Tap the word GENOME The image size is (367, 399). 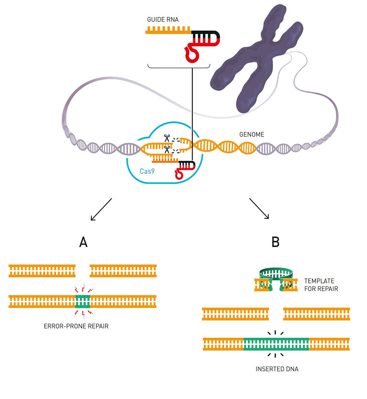tap(251, 135)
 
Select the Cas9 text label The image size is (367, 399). tap(147, 171)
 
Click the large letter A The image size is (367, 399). tap(83, 242)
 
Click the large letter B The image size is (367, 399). tap(275, 242)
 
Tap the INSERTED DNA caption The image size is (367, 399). tap(277, 369)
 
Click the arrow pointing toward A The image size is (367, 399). tap(101, 210)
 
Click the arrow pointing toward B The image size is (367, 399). tap(259, 209)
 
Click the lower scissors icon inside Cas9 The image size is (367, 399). tap(167, 149)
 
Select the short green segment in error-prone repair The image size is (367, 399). tap(83, 302)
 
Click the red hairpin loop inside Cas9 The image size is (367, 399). tap(179, 173)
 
